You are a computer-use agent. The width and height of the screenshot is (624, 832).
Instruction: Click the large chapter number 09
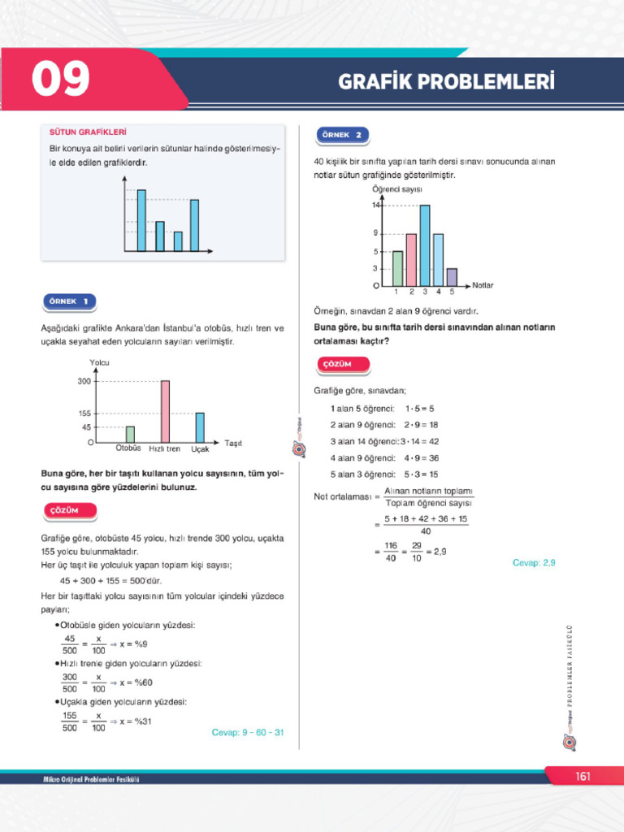click(x=61, y=80)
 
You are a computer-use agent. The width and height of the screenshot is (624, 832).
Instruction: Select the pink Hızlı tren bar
click(x=165, y=410)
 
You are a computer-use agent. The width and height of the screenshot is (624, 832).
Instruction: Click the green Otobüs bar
click(x=130, y=434)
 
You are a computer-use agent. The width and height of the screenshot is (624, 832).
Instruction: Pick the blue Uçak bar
click(x=200, y=427)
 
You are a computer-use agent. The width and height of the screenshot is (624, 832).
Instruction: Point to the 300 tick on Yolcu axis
click(x=84, y=380)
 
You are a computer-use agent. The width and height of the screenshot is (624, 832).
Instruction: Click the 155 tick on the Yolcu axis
click(x=84, y=414)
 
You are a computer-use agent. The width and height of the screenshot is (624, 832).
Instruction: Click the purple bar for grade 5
click(x=452, y=277)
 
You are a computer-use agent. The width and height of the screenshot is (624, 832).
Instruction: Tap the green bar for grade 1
click(x=397, y=268)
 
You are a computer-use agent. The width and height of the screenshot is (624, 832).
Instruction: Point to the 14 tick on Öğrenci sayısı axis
click(x=377, y=206)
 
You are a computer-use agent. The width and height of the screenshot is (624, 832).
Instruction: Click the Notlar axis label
click(x=483, y=286)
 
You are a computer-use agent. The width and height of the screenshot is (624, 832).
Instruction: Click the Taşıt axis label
click(x=233, y=443)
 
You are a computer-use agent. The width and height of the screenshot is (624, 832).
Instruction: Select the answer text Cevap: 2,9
click(x=534, y=562)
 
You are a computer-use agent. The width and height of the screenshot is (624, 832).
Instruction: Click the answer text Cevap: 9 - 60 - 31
click(x=247, y=732)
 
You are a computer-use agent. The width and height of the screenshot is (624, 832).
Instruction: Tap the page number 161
click(x=583, y=777)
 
